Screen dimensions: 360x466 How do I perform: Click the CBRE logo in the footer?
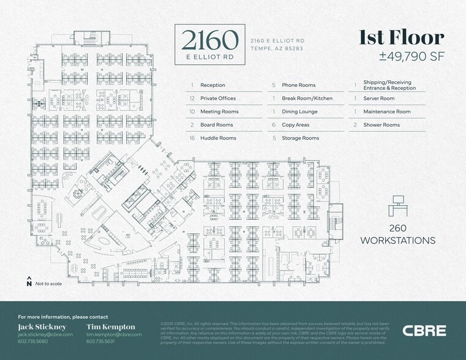click(x=424, y=331)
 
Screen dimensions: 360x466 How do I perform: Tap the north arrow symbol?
click(x=29, y=282)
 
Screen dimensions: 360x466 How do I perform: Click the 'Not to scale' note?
click(x=48, y=284)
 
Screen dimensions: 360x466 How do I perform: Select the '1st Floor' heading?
click(x=401, y=38)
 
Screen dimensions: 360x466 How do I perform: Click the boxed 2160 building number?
click(x=209, y=40)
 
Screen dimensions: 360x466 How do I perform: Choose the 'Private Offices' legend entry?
click(x=218, y=99)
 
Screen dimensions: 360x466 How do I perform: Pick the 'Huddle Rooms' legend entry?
click(x=218, y=138)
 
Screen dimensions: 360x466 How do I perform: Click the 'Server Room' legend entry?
click(x=378, y=99)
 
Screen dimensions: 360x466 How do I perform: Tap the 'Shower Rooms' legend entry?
click(x=381, y=125)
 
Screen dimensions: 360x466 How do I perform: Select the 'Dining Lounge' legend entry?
click(x=299, y=112)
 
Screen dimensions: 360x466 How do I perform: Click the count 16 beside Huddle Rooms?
click(x=192, y=138)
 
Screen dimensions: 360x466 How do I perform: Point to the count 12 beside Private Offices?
click(x=192, y=99)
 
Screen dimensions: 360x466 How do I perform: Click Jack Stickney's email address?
click(x=45, y=335)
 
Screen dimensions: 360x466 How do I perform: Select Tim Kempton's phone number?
click(x=100, y=342)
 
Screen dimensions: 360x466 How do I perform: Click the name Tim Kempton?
click(x=111, y=327)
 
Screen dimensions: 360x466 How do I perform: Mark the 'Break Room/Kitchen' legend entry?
click(x=307, y=99)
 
